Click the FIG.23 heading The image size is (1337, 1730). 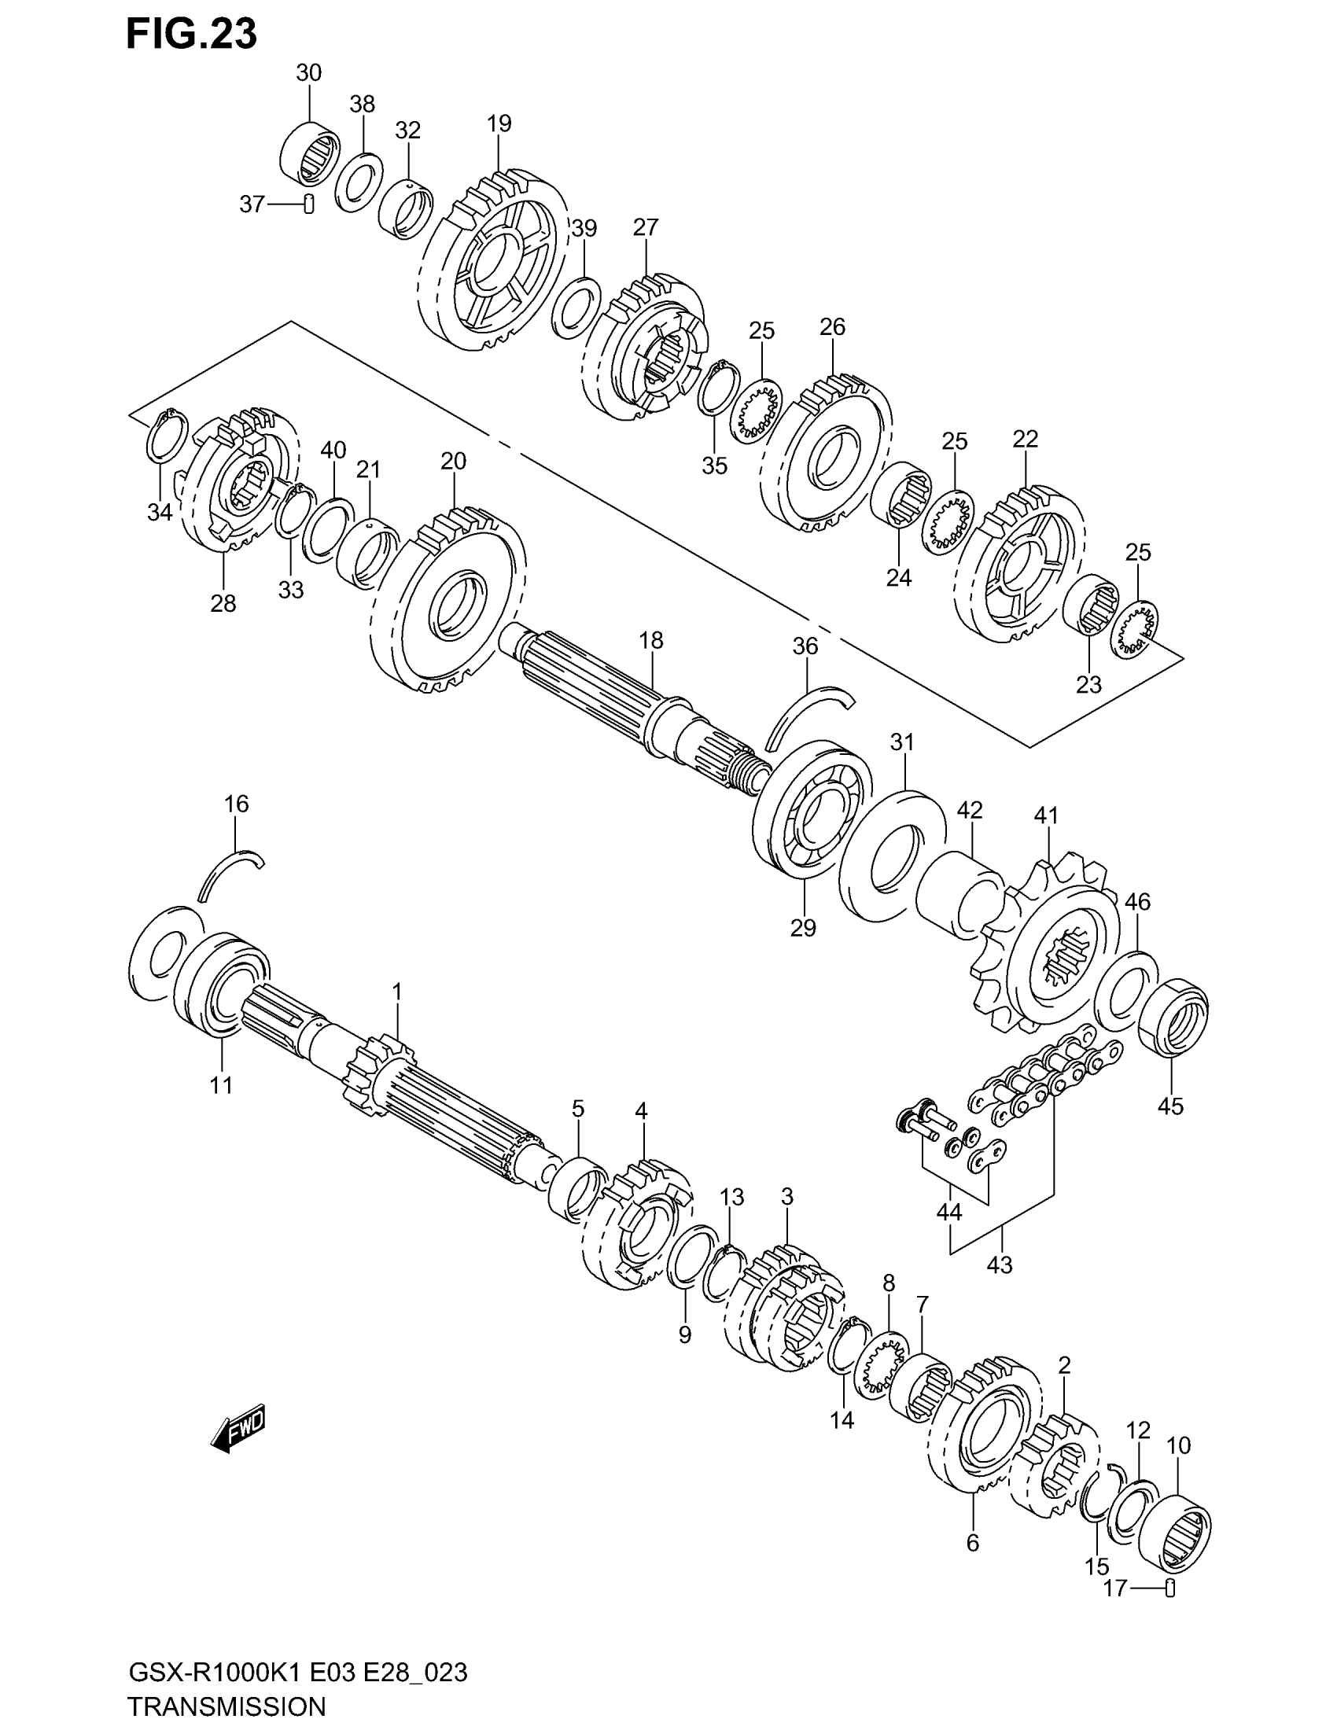pos(192,35)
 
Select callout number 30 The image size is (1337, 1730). pos(309,73)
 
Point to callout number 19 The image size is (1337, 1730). pos(499,123)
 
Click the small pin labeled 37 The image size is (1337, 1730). pos(310,204)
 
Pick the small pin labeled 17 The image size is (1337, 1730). pos(1171,1588)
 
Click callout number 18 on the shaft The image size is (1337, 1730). pos(651,640)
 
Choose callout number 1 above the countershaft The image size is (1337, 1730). pos(397,991)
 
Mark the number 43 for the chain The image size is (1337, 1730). pos(1000,1265)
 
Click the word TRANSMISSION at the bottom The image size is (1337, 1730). pos(227,1706)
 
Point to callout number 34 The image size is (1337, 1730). pos(159,513)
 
